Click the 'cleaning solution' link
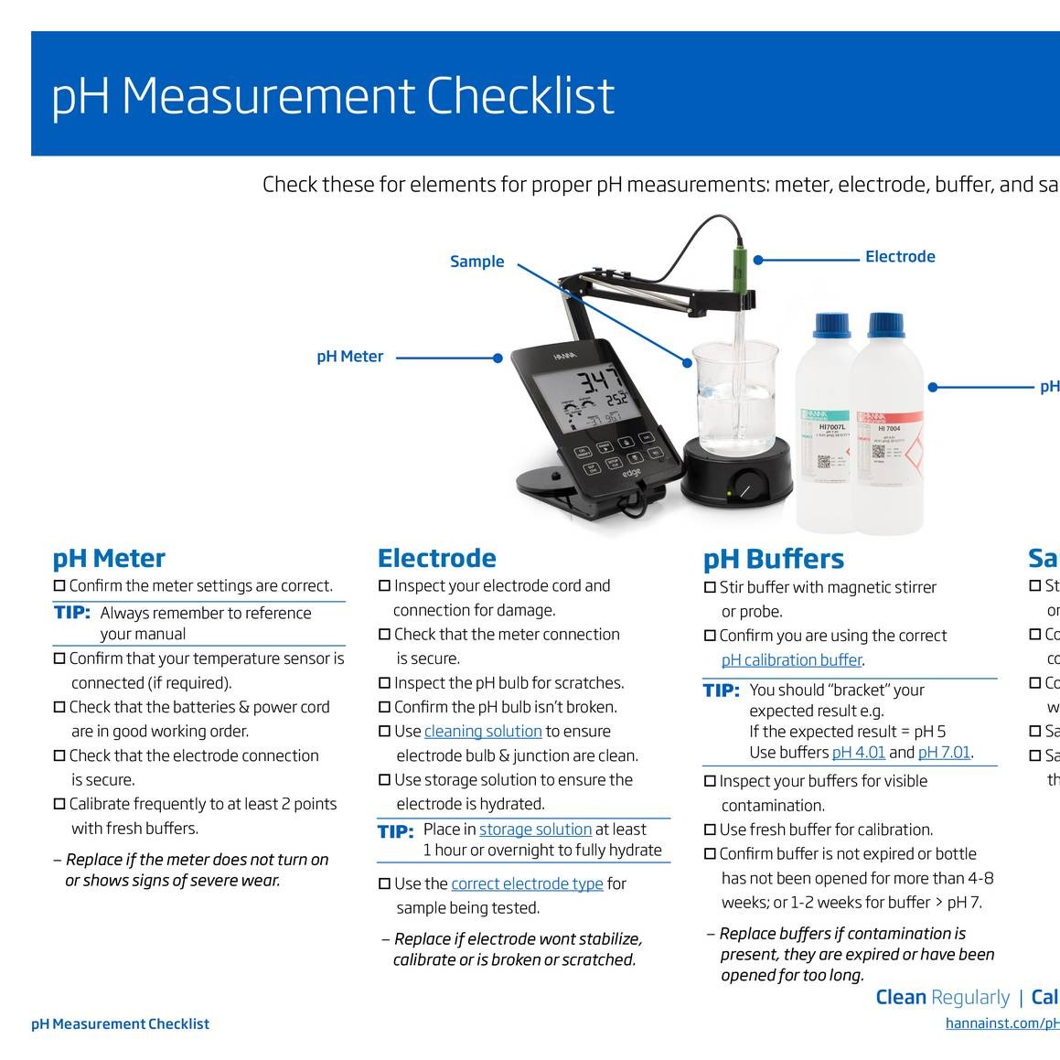(x=483, y=732)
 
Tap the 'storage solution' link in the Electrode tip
(x=535, y=830)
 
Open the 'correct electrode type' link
(x=527, y=883)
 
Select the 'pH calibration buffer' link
(x=792, y=660)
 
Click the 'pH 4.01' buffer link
(x=858, y=753)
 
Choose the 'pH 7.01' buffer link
(x=944, y=753)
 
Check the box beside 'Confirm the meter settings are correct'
(x=59, y=586)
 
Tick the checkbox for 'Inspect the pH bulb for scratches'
(x=384, y=683)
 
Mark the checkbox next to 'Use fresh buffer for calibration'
(x=710, y=830)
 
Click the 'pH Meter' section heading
(x=109, y=558)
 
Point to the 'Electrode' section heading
(x=436, y=558)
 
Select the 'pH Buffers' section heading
(x=773, y=558)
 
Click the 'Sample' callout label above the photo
(x=476, y=262)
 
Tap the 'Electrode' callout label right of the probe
(x=900, y=257)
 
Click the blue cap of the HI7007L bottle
(x=831, y=325)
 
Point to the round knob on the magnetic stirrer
(x=748, y=486)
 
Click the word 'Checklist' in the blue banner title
(x=520, y=96)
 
